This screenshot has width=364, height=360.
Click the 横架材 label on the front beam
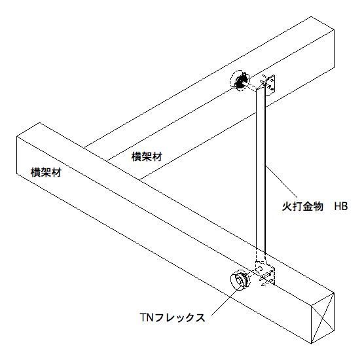tap(46, 173)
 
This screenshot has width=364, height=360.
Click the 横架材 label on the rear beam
tap(147, 156)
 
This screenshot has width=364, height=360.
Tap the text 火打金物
tap(302, 206)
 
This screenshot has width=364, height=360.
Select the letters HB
tap(341, 206)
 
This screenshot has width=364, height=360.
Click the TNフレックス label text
tap(173, 317)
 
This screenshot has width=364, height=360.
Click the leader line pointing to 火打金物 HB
tap(281, 181)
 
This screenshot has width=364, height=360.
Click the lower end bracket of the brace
tap(266, 274)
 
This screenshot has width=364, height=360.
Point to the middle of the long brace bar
tap(261, 171)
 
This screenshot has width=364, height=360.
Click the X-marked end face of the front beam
tap(323, 317)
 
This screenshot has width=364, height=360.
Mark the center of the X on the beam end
tap(323, 317)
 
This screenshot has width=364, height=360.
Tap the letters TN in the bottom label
tap(147, 317)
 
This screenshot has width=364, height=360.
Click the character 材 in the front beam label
tap(56, 173)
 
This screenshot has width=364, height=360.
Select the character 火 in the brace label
tap(287, 206)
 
